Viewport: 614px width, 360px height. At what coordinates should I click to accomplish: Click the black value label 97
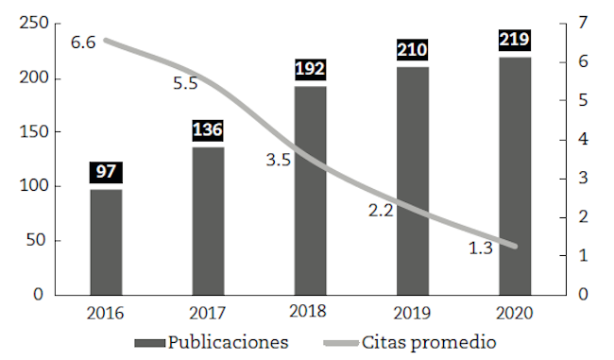tap(106, 173)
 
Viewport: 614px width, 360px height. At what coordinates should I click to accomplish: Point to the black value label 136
tap(208, 130)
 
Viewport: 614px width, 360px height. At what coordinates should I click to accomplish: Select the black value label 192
tap(310, 70)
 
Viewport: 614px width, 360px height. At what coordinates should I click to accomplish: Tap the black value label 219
tap(515, 41)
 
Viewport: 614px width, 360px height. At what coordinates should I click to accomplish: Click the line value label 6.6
tap(83, 43)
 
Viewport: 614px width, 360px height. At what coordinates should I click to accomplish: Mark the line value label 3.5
tap(279, 161)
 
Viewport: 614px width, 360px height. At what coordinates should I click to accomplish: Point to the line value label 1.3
tap(481, 249)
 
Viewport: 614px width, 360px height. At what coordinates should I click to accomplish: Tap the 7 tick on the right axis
tap(585, 23)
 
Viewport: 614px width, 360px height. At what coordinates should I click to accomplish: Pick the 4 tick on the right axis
tap(585, 140)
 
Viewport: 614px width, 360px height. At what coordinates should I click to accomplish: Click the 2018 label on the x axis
tap(310, 313)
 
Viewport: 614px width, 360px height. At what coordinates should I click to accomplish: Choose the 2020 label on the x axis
tap(515, 313)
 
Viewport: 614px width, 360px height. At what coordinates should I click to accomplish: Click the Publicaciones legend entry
tap(212, 341)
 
